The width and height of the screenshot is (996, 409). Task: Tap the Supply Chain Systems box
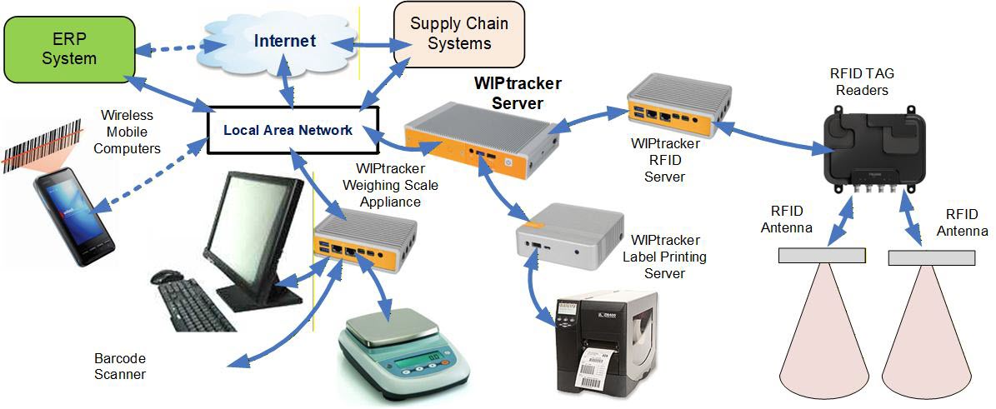point(458,33)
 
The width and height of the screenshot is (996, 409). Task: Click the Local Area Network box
point(288,130)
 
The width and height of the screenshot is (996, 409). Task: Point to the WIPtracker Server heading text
point(518,93)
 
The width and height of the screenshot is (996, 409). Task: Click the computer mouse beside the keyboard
point(168,276)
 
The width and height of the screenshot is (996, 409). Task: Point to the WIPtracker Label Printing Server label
point(664,257)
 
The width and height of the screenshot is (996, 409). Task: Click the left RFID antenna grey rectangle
point(822,256)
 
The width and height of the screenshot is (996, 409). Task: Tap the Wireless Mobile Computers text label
point(124,131)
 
